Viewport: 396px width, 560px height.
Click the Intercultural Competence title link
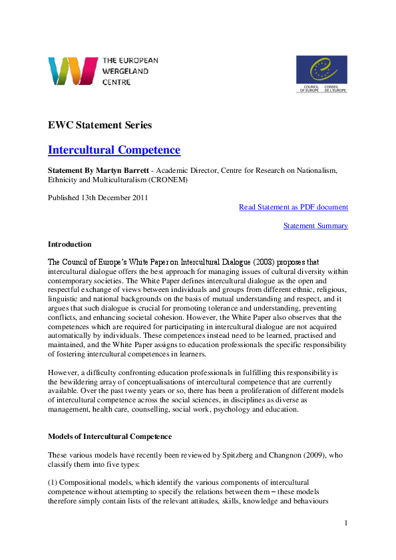pos(114,150)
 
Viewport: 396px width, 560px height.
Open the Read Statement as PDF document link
pos(293,207)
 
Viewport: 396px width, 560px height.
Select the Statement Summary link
pos(315,225)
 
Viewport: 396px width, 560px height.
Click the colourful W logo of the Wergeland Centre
pos(73,71)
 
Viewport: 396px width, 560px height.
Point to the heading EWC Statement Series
pos(100,125)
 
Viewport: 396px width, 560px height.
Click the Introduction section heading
pos(70,244)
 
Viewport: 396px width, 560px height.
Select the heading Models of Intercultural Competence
pos(110,436)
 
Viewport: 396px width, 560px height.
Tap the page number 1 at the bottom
pos(346,523)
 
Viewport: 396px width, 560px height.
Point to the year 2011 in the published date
pos(138,198)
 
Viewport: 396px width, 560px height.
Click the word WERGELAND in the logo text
pos(126,71)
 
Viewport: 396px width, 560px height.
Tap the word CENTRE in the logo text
pos(116,82)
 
